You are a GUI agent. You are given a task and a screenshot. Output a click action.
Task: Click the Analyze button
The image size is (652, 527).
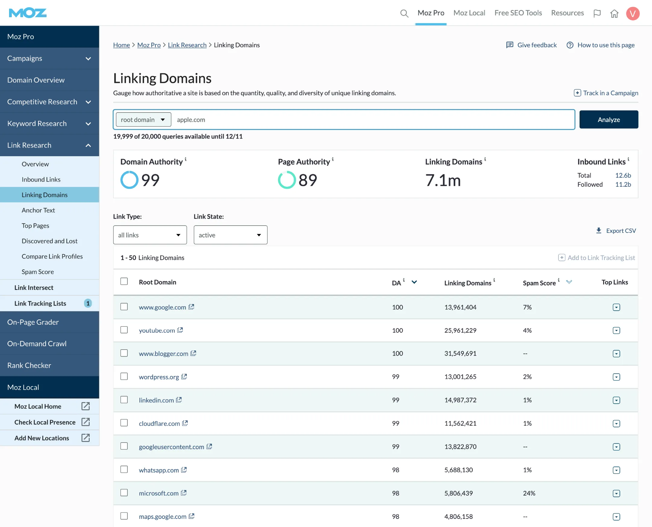tap(608, 119)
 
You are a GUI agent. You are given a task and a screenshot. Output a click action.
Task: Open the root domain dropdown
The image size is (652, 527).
tap(143, 119)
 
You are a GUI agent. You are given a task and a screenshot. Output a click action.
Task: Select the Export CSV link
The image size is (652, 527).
tap(616, 231)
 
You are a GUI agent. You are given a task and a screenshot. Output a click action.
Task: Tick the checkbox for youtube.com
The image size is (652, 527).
tap(124, 330)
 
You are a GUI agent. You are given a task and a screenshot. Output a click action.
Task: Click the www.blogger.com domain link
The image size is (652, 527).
tap(163, 354)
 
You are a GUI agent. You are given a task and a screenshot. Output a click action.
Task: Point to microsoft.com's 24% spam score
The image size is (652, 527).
tap(529, 493)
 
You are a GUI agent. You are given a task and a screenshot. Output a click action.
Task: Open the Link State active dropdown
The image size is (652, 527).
tap(230, 235)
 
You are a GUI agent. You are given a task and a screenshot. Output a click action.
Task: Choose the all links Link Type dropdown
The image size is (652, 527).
tap(150, 235)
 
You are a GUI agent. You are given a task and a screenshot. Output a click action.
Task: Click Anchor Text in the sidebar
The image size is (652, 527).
tap(38, 210)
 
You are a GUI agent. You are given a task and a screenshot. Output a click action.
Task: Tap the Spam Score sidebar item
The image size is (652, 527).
tap(38, 272)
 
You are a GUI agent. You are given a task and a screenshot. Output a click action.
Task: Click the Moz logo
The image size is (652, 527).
tap(28, 13)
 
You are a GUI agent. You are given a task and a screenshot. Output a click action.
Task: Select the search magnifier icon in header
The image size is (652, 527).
tap(404, 13)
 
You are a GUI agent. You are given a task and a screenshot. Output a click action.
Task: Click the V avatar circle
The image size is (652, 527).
tap(633, 13)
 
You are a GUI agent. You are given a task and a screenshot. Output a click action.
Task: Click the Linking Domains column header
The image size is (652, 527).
tap(467, 283)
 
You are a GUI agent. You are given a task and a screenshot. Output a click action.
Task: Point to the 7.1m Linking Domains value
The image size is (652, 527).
tap(443, 180)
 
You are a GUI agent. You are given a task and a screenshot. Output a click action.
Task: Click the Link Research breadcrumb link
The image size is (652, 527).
tap(187, 45)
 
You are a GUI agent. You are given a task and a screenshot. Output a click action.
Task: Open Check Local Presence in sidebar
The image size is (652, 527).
tap(45, 422)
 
